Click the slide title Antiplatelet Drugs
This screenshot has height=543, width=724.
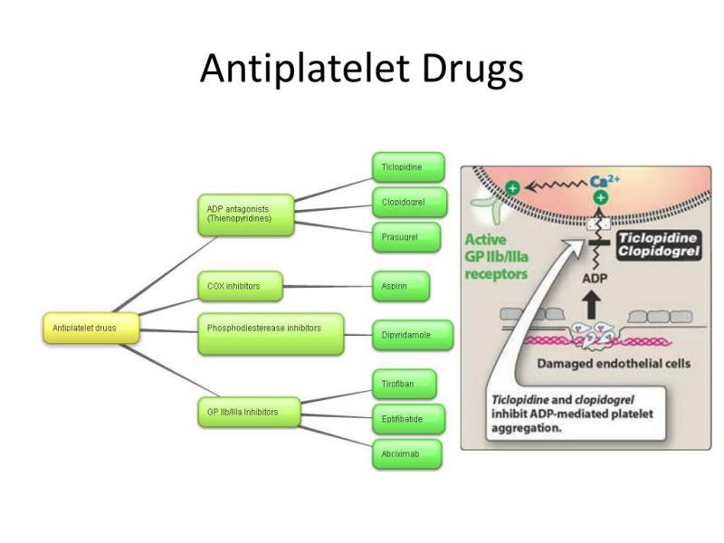tap(361, 69)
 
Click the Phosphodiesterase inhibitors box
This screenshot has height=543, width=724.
tap(271, 333)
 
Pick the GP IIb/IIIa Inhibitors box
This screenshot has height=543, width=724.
tap(243, 413)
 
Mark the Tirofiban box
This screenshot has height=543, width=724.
tap(405, 385)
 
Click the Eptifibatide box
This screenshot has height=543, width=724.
tap(407, 419)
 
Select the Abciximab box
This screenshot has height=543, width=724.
tap(406, 452)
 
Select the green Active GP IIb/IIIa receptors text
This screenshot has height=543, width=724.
tap(498, 257)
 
